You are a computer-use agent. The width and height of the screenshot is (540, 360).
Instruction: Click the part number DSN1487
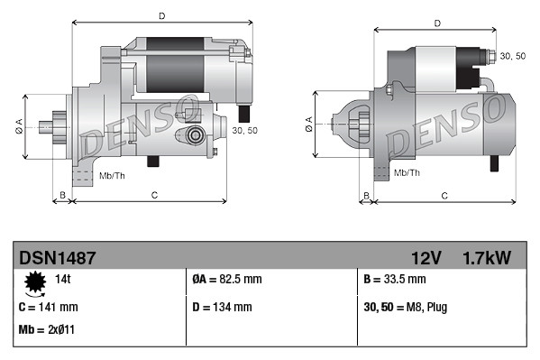click(x=57, y=258)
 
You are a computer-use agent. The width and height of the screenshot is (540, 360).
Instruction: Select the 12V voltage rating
click(x=425, y=258)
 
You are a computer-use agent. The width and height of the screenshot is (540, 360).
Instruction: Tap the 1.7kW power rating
click(x=487, y=258)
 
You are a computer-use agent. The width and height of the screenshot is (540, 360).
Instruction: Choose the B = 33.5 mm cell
click(x=394, y=281)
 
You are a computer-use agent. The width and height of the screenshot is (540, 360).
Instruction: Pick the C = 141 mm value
click(x=48, y=308)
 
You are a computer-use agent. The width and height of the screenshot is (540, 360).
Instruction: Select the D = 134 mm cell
click(x=223, y=308)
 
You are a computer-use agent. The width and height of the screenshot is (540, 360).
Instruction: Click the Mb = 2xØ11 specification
click(x=46, y=329)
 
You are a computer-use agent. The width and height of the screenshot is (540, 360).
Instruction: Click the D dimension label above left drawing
click(x=161, y=16)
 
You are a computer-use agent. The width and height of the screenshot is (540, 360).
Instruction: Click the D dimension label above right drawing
click(x=435, y=23)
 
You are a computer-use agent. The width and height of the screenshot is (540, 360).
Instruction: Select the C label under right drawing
click(x=444, y=195)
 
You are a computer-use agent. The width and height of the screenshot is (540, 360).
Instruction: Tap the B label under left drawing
click(x=62, y=195)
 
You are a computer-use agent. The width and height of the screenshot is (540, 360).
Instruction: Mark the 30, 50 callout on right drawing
click(x=512, y=56)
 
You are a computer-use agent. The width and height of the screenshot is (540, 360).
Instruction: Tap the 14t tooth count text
click(x=63, y=281)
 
